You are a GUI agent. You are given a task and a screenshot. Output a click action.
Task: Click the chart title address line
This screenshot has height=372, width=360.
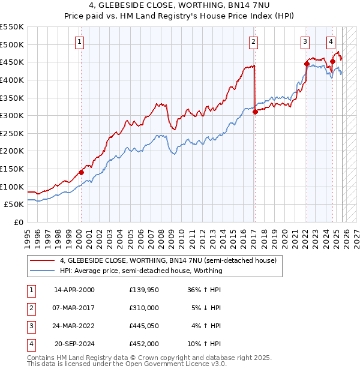179,5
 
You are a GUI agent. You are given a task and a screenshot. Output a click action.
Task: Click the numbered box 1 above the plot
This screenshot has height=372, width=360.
80,41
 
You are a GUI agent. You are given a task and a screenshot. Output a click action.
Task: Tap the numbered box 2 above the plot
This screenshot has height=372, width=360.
254,41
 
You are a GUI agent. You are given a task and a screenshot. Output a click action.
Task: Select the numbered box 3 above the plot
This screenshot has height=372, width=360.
305,41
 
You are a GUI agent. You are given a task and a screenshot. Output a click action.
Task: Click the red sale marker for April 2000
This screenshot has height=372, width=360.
81,172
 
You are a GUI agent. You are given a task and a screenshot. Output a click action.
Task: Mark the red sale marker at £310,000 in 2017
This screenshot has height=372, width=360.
255,112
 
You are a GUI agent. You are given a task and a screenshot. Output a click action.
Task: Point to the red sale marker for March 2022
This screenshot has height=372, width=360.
307,64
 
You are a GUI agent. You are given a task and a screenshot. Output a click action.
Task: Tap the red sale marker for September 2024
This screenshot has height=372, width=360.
332,61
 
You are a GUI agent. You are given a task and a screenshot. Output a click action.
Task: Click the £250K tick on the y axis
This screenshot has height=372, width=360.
12,133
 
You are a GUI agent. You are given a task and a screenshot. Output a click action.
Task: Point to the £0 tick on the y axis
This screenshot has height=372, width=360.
18,222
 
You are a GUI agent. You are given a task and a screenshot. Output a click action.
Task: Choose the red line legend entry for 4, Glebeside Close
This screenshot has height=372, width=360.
168,261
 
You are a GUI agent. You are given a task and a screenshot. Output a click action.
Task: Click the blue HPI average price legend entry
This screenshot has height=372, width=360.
141,271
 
